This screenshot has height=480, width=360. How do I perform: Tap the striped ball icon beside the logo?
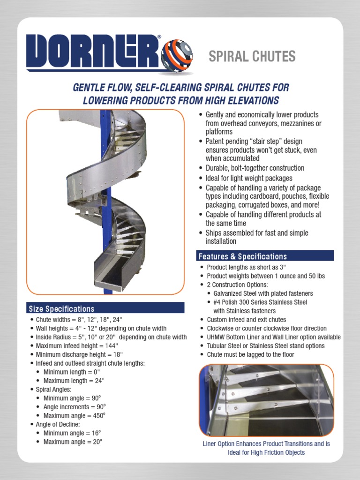click(177, 55)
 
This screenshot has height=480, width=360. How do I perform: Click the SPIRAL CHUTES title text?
click(252, 57)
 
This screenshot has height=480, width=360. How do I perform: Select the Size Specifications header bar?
click(105, 308)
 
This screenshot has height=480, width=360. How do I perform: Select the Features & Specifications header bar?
click(265, 256)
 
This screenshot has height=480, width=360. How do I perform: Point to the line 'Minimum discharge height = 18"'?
click(79, 354)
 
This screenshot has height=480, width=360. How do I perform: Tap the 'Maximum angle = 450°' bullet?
click(75, 416)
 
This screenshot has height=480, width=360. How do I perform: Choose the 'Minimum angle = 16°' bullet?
click(73, 433)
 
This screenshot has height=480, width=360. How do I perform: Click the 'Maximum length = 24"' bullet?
click(74, 381)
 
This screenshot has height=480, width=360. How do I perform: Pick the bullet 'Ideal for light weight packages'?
click(249, 178)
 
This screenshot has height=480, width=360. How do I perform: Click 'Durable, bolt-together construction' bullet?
click(255, 168)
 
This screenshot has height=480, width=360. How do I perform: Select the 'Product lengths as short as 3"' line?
click(246, 267)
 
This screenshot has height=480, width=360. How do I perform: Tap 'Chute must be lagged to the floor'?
click(250, 354)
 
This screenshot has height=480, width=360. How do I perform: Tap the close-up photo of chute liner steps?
click(266, 400)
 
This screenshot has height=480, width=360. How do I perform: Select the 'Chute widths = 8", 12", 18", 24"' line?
click(80, 320)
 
